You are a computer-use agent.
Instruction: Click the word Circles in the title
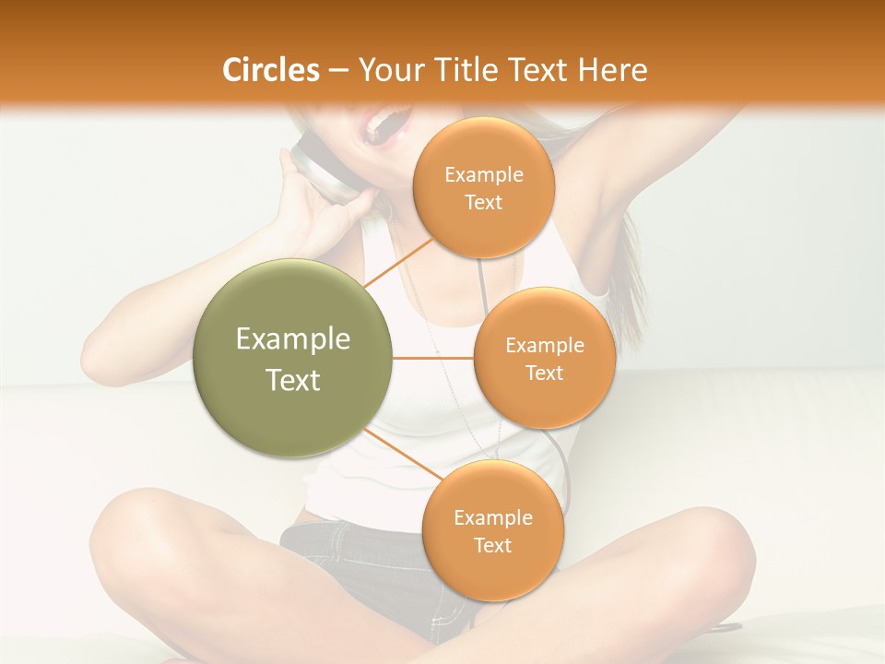click(270, 70)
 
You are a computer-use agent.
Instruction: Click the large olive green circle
click(293, 358)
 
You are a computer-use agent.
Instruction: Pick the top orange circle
click(483, 187)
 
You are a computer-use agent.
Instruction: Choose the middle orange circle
click(544, 358)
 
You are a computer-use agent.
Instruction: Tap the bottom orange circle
click(492, 530)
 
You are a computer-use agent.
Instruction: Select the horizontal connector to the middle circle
click(433, 358)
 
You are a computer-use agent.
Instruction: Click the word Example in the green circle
click(293, 339)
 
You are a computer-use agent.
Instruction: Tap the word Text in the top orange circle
click(483, 202)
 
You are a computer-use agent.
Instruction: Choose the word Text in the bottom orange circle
click(492, 545)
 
